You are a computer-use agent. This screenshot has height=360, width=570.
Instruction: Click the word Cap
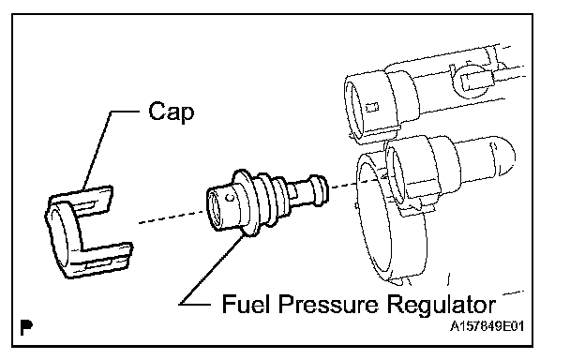click(172, 112)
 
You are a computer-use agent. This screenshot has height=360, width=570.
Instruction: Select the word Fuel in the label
click(246, 304)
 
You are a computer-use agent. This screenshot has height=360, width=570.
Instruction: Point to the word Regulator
click(441, 306)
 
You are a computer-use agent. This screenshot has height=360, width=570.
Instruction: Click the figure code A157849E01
click(487, 326)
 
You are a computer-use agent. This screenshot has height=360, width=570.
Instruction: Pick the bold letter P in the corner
click(26, 327)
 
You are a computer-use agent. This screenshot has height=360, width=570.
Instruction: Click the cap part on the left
click(87, 232)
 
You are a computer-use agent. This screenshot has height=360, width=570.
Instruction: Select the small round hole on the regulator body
click(230, 198)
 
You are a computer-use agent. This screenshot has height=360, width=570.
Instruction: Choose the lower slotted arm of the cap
click(104, 258)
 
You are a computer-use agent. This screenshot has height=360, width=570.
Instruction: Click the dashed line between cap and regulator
click(172, 217)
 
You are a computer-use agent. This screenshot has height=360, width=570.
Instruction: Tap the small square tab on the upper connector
click(372, 108)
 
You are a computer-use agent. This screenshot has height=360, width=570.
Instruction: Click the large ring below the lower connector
click(391, 218)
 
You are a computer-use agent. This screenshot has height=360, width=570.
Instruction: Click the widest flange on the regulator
click(247, 202)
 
